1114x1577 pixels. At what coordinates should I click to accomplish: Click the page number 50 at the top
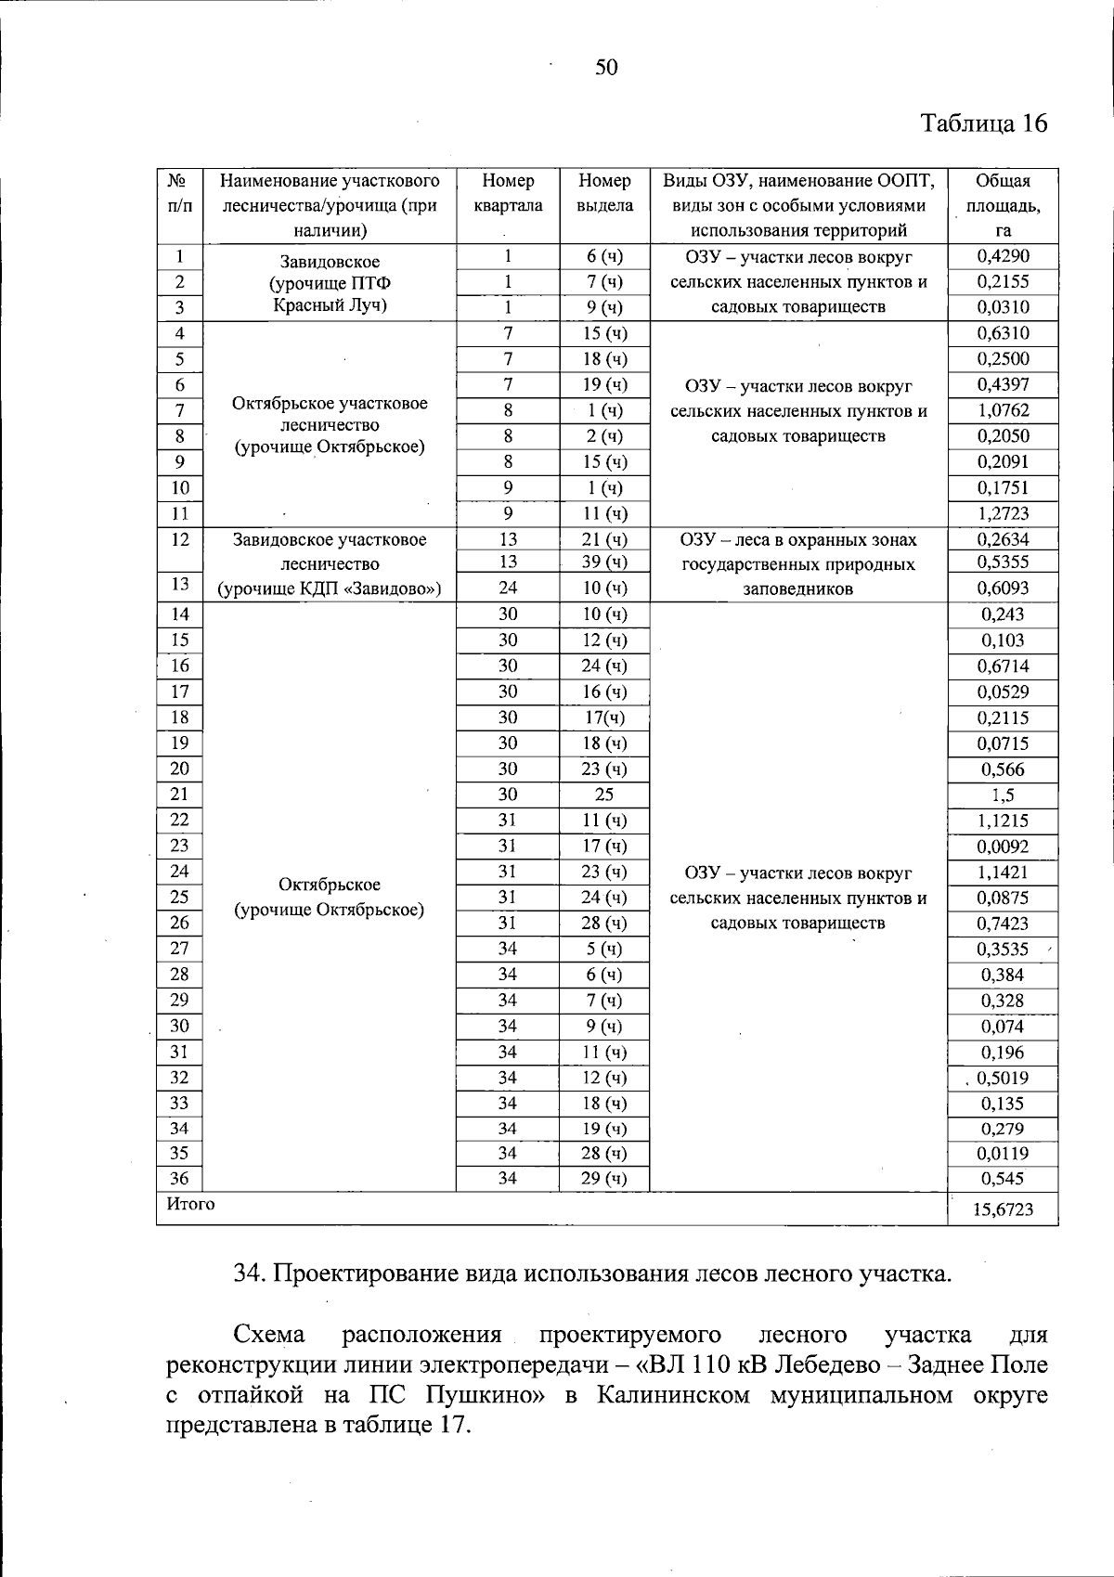pos(606,67)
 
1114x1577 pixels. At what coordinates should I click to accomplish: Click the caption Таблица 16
pos(983,123)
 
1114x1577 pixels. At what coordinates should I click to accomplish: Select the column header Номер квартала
pos(508,193)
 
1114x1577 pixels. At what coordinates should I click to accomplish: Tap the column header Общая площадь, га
pos(1003,205)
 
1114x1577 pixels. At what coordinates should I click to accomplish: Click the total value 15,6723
pos(1003,1209)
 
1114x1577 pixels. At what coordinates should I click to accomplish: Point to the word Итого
pos(190,1204)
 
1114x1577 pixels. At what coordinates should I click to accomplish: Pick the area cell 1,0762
pos(1003,410)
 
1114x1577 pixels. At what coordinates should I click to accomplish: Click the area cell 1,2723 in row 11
pos(1003,513)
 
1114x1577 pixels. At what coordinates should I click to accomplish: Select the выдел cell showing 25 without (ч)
pos(604,795)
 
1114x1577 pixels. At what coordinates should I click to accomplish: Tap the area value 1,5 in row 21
pos(1003,795)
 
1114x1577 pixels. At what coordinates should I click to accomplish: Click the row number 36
pos(179,1178)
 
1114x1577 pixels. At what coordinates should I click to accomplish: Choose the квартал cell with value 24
pos(508,588)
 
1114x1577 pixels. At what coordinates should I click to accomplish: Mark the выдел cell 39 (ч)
pos(604,562)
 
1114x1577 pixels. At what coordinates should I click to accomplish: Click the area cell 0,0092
pos(1003,847)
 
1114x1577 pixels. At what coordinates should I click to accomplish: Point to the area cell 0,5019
pos(1003,1079)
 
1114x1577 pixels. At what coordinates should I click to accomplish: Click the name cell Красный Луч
pos(330,305)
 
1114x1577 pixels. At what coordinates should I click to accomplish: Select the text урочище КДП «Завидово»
pos(330,588)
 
